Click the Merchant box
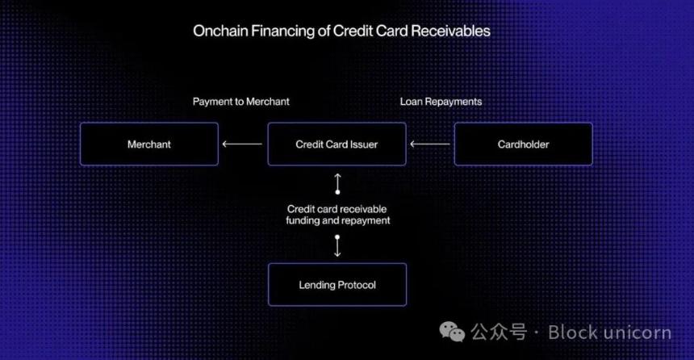tap(149, 144)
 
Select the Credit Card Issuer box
tap(337, 144)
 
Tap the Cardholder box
tap(523, 144)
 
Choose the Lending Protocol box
tap(337, 284)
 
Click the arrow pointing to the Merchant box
tap(242, 144)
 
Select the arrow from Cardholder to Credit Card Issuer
tap(430, 144)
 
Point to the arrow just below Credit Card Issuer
tap(337, 184)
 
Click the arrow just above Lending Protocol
tap(337, 246)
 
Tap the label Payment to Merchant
tap(240, 102)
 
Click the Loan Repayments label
tap(441, 102)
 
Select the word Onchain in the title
tap(220, 31)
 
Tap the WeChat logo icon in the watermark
tap(452, 332)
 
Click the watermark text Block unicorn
tap(610, 332)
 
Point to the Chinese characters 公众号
tap(499, 332)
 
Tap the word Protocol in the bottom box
tap(357, 285)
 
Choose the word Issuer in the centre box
tap(364, 144)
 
